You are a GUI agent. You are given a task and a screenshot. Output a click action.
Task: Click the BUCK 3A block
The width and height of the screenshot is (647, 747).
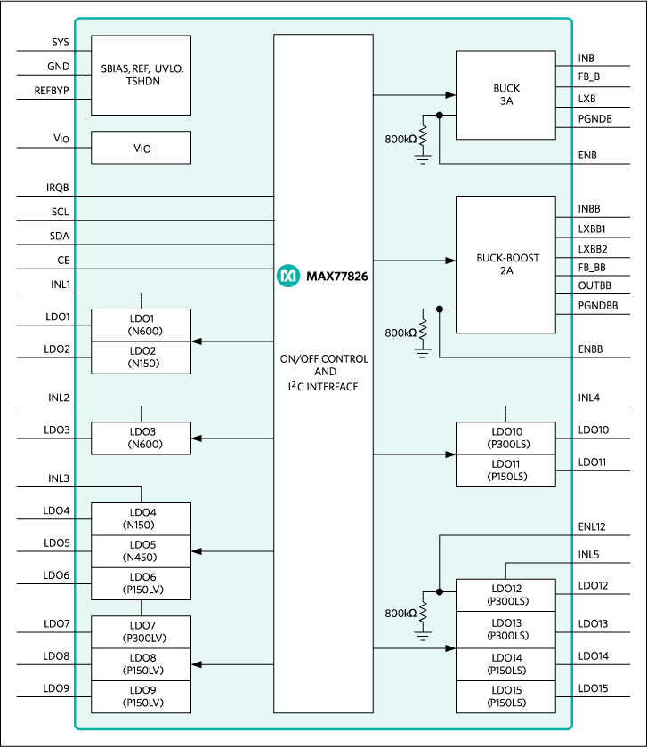[x=505, y=95]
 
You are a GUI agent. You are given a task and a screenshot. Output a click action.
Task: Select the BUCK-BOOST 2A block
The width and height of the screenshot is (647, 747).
[x=505, y=264]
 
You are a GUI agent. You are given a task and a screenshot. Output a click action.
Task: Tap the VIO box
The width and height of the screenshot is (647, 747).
[x=141, y=148]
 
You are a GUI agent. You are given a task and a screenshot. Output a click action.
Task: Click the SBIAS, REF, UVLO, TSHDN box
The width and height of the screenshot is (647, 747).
[x=141, y=75]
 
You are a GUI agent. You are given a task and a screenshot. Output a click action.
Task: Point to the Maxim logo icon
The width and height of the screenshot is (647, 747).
[x=288, y=277]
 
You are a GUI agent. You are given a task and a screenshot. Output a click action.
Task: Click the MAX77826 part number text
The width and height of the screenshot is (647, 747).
[x=337, y=277]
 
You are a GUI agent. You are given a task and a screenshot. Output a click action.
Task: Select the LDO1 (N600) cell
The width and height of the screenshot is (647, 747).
[x=141, y=325]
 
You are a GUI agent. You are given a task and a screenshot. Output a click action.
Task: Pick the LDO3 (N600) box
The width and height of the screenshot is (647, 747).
[x=141, y=438]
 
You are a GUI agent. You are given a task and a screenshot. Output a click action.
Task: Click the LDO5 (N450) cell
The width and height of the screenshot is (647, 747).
[x=141, y=551]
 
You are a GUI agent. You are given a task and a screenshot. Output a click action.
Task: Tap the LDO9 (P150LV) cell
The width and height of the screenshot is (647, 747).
[x=141, y=696]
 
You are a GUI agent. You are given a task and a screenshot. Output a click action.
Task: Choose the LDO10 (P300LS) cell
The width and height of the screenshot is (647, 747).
[x=505, y=438]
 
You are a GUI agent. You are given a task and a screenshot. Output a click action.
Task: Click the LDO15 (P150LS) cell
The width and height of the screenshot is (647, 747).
[x=505, y=696]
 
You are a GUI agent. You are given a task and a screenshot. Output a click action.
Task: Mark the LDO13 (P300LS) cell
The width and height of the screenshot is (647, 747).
[x=505, y=630]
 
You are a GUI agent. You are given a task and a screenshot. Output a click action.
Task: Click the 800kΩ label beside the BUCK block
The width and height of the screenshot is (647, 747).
[x=400, y=140]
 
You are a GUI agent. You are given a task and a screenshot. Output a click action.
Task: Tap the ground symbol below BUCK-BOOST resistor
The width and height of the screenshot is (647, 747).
[x=423, y=352]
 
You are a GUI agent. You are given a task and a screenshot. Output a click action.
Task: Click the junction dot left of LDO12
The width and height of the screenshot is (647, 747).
[x=439, y=591]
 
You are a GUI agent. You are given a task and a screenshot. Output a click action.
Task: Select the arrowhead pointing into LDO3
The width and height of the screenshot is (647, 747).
[x=197, y=438]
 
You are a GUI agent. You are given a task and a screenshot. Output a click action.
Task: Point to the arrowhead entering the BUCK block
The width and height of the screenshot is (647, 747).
[x=450, y=94]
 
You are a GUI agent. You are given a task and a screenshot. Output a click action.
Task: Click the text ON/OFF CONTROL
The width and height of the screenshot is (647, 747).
[x=323, y=359]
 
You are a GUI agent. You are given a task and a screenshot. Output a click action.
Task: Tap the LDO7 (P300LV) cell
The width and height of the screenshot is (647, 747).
[x=141, y=631]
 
